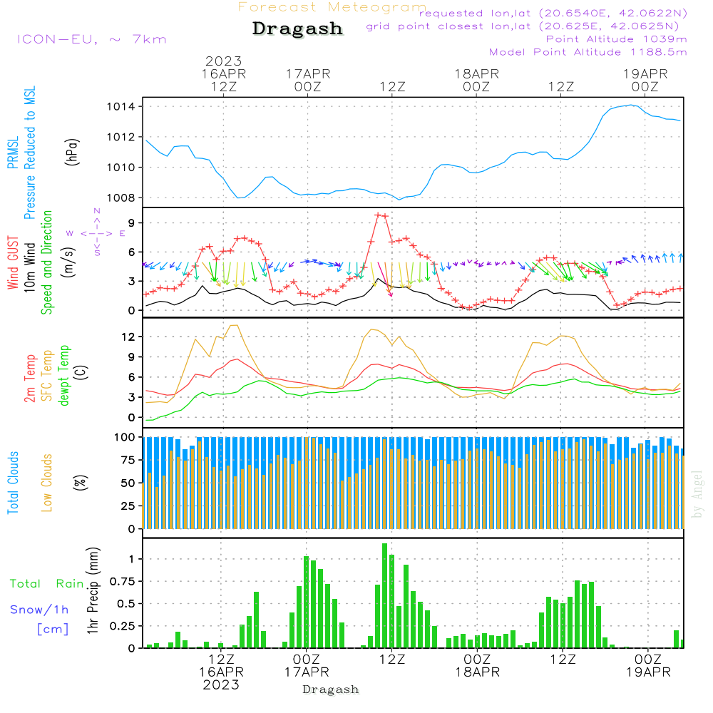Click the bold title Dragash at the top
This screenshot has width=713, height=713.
click(297, 29)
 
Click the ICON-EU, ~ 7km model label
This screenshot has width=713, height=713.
click(91, 39)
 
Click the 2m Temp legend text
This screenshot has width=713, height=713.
click(31, 376)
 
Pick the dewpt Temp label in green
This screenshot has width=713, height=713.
click(65, 376)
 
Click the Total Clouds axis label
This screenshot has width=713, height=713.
click(14, 483)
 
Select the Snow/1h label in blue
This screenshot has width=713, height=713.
click(40, 610)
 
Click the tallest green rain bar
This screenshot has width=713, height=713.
click(385, 595)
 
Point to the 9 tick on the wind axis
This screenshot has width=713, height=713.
click(132, 223)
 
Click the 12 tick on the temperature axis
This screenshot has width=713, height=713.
click(130, 337)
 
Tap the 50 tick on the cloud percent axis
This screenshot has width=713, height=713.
click(130, 483)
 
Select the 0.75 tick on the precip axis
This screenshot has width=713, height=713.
click(125, 581)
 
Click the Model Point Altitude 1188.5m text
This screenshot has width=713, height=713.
click(588, 52)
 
